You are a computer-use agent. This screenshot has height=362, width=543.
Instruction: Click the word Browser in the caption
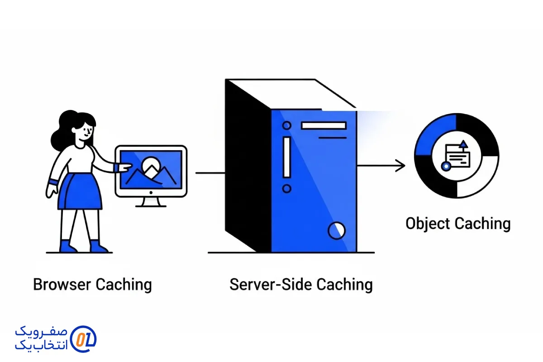coord(62,285)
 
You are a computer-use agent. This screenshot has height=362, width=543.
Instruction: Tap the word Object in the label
coord(428,224)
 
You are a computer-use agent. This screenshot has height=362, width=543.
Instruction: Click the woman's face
coord(86,132)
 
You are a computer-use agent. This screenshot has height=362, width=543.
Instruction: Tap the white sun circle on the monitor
coord(150,165)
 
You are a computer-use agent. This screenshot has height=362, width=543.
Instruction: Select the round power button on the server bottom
coord(336,230)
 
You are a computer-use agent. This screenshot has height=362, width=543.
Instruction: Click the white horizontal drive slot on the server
coord(324,125)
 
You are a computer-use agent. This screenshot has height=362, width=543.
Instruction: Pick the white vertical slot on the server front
coord(286,157)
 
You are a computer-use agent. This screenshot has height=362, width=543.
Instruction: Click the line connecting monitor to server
coord(210,173)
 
